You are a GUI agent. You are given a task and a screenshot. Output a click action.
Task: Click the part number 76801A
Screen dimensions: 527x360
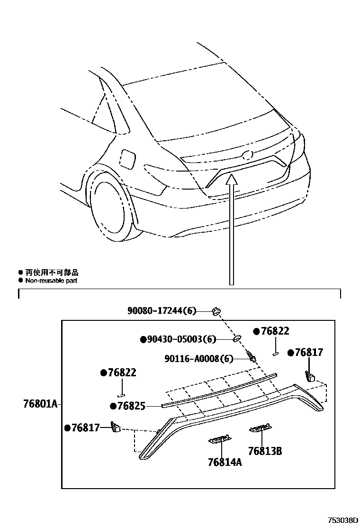[x=40, y=404]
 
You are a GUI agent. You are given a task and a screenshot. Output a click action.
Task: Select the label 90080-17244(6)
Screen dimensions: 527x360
[x=162, y=311]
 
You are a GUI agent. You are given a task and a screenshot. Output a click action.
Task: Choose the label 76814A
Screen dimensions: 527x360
[x=225, y=462]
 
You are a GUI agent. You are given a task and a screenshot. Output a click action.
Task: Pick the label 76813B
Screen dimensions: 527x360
[x=265, y=451]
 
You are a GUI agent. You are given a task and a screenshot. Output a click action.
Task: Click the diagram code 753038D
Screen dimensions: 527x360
[x=341, y=520]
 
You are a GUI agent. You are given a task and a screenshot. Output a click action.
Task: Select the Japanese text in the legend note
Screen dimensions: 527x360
[x=52, y=273]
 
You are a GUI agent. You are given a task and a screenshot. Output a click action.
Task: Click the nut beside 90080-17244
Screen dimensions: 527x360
[x=216, y=311]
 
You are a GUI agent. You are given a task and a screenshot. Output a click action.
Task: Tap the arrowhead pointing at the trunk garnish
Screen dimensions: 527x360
[x=231, y=179]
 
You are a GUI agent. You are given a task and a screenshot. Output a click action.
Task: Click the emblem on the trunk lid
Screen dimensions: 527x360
[x=247, y=155]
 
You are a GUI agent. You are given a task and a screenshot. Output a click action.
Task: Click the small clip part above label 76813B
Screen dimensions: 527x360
[x=260, y=429]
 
